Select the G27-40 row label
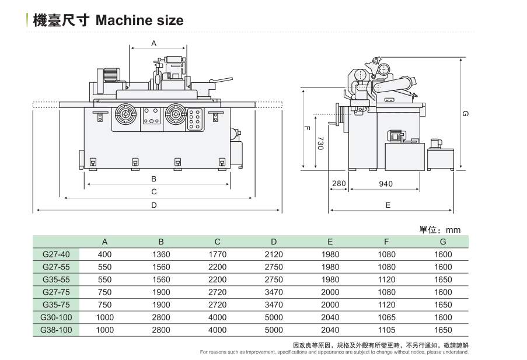[56, 254]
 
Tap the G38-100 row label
[56, 330]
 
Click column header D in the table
[274, 242]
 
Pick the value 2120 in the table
[274, 254]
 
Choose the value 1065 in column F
[386, 317]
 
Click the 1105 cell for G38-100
[386, 330]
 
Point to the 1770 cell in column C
[217, 254]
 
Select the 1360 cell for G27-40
[161, 254]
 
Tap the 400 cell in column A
[104, 254]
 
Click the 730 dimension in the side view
[320, 144]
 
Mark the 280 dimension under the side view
[338, 184]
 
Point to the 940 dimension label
[386, 184]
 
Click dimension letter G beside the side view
[465, 114]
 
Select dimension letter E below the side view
[388, 205]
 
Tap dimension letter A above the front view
[154, 43]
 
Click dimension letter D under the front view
[154, 205]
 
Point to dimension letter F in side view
[307, 128]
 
